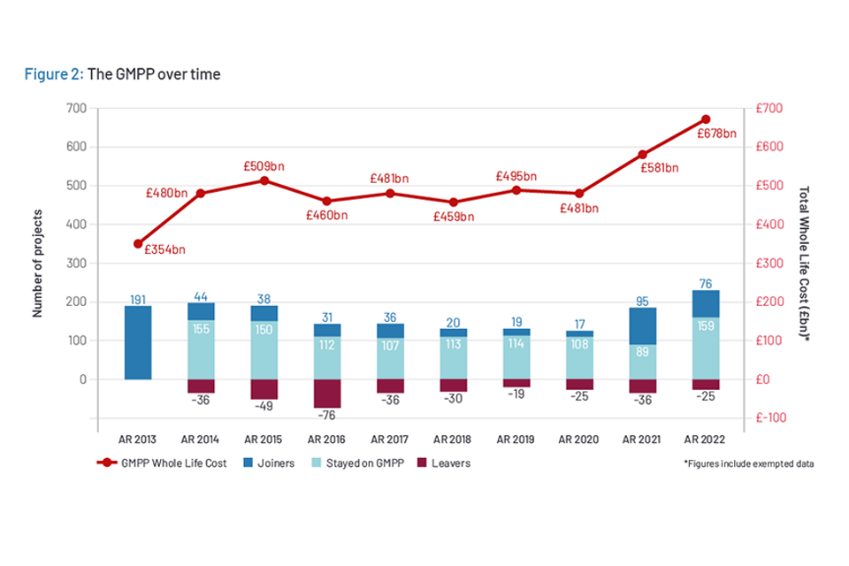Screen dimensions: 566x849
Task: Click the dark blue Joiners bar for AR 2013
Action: click(138, 342)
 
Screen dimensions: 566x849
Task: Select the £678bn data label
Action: click(716, 134)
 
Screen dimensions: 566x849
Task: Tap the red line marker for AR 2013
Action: click(138, 243)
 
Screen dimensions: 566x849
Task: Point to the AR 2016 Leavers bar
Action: click(327, 394)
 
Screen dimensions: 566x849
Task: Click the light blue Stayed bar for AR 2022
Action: click(706, 348)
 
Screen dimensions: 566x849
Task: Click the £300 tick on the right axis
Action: click(771, 264)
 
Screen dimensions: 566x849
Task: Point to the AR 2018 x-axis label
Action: click(454, 440)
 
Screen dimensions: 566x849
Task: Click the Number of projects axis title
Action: click(38, 264)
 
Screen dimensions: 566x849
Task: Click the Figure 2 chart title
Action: click(123, 74)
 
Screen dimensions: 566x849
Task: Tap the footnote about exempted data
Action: click(748, 463)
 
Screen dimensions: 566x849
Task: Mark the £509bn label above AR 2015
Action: click(264, 165)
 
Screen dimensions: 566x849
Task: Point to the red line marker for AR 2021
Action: click(643, 155)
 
